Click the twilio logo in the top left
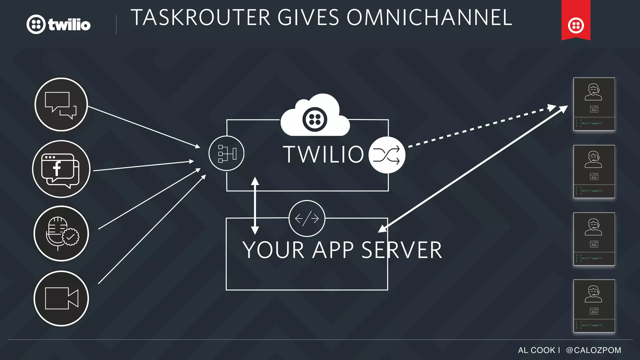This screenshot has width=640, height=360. pyautogui.click(x=58, y=24)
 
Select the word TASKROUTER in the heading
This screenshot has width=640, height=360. pyautogui.click(x=200, y=17)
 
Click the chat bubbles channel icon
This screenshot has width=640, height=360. pyautogui.click(x=61, y=104)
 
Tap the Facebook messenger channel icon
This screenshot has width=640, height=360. pyautogui.click(x=61, y=169)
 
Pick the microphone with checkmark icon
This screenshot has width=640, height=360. pyautogui.click(x=61, y=233)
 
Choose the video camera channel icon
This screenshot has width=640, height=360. pyautogui.click(x=61, y=298)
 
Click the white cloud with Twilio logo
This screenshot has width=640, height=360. pyautogui.click(x=315, y=117)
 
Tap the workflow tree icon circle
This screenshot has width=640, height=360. pyautogui.click(x=227, y=153)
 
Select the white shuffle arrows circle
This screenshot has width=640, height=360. pyautogui.click(x=387, y=155)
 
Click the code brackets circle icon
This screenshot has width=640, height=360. pyautogui.click(x=307, y=218)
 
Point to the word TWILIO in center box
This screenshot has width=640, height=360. pyautogui.click(x=323, y=154)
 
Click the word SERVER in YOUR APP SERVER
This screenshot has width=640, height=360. pyautogui.click(x=402, y=250)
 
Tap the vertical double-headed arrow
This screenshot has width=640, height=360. pyautogui.click(x=255, y=206)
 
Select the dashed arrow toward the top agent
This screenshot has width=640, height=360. pyautogui.click(x=481, y=126)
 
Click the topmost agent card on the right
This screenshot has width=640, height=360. pyautogui.click(x=594, y=104)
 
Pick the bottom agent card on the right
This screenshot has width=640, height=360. pyautogui.click(x=594, y=306)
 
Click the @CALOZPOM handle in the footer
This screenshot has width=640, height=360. pyautogui.click(x=593, y=350)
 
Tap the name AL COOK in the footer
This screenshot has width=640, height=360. pyautogui.click(x=536, y=350)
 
